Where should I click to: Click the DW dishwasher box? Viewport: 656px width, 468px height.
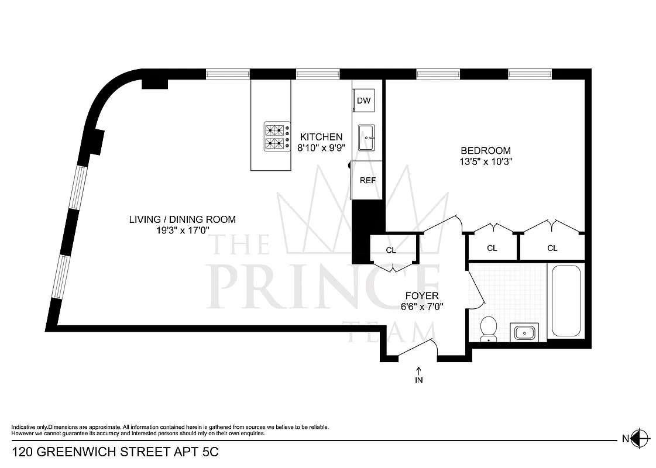click(x=364, y=101)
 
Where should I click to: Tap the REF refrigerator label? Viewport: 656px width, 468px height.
click(x=368, y=181)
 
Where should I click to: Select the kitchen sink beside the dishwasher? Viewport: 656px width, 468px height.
click(x=367, y=137)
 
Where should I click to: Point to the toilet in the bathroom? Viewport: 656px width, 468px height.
click(x=487, y=329)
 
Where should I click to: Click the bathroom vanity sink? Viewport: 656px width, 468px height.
click(x=525, y=333)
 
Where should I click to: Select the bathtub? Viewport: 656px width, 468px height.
click(x=565, y=301)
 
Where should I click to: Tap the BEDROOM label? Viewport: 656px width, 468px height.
click(x=485, y=150)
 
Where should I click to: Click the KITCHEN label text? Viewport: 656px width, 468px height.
click(x=321, y=137)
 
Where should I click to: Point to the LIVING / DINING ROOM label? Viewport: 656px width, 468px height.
click(x=183, y=219)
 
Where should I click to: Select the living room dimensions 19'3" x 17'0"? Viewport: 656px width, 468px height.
click(x=183, y=230)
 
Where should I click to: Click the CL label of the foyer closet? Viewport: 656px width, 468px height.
click(x=391, y=250)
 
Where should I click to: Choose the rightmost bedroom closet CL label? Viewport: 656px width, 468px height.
click(x=552, y=248)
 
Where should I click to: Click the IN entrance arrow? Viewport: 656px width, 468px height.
click(x=419, y=375)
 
